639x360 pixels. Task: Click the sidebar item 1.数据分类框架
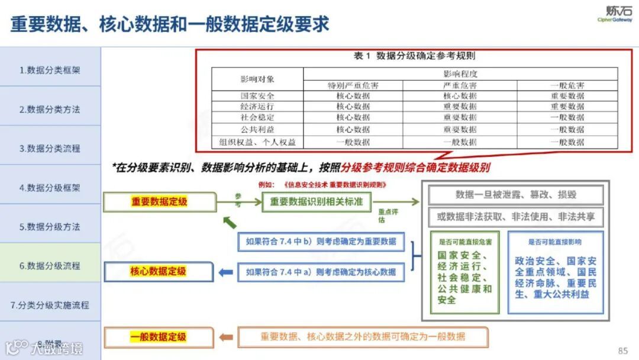coord(50,70)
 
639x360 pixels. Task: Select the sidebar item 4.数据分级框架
coord(50,188)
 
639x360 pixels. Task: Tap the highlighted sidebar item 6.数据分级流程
coord(50,266)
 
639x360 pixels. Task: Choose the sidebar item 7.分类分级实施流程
coord(50,306)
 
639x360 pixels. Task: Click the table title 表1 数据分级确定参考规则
coord(414,56)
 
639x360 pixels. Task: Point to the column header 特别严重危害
coord(353,85)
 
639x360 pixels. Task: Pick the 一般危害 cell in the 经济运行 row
coord(567,107)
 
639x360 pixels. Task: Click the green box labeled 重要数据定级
coord(159,202)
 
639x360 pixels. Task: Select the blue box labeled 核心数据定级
coord(158,272)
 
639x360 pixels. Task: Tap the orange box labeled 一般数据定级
coord(158,337)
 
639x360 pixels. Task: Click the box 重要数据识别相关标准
coord(316,202)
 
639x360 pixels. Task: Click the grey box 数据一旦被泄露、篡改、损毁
coord(515,195)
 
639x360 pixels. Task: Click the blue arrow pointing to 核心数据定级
coord(225,272)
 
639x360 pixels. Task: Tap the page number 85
coord(622,351)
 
